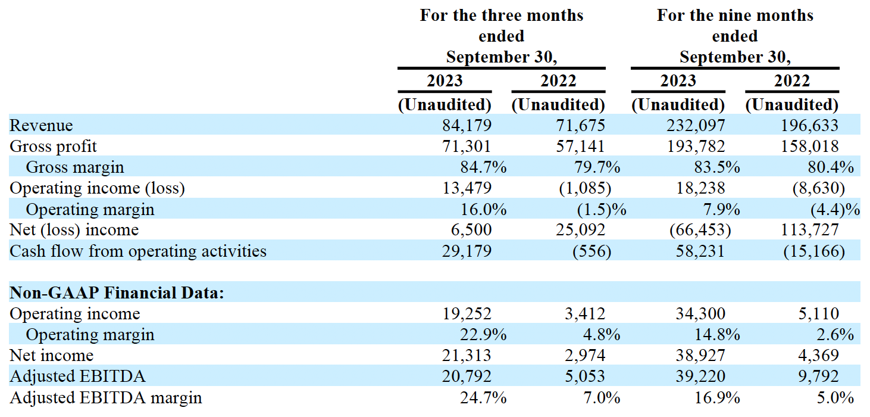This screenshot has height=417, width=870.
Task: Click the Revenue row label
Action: [41, 126]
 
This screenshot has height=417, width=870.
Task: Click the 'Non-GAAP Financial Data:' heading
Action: [117, 293]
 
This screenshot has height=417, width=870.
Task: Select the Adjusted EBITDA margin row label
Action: [106, 397]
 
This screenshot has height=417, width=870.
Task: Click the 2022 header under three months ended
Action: [558, 80]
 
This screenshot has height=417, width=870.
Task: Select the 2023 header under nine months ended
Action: [678, 80]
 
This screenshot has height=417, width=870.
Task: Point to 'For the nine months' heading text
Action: [735, 15]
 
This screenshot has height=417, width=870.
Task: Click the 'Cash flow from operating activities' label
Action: [138, 251]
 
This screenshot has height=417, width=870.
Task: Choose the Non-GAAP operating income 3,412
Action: [586, 314]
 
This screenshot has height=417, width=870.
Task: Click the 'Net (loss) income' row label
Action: [74, 230]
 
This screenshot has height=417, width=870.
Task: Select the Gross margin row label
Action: [75, 167]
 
